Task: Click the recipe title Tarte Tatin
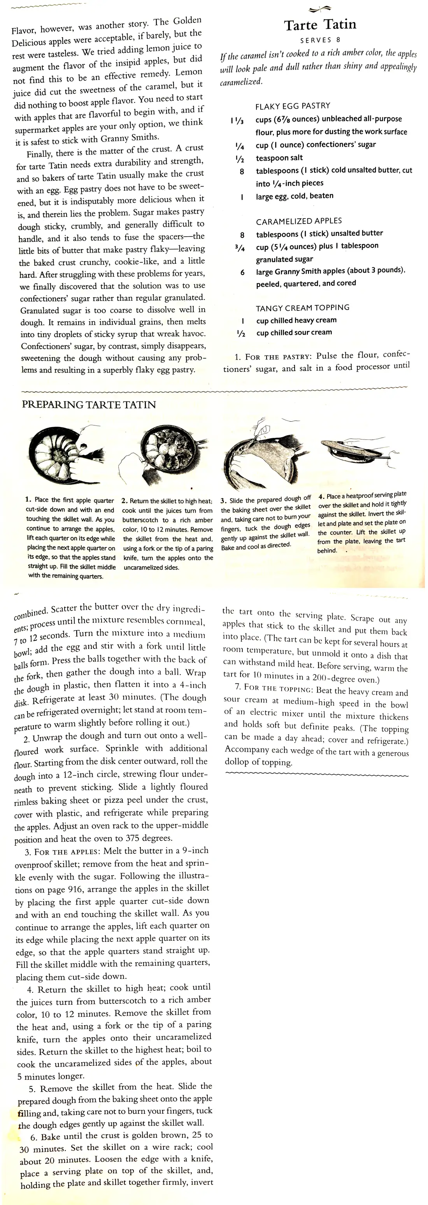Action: tap(320, 25)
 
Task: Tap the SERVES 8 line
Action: tap(320, 40)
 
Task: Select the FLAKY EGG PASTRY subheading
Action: tap(293, 106)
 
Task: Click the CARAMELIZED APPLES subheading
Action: tap(299, 221)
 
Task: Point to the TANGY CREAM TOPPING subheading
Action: tap(302, 307)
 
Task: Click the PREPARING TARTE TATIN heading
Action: tap(89, 405)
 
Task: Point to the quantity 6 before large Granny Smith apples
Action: tap(242, 272)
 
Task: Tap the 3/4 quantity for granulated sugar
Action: tap(240, 248)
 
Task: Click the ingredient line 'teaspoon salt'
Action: tap(279, 158)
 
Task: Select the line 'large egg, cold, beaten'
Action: tap(295, 196)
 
